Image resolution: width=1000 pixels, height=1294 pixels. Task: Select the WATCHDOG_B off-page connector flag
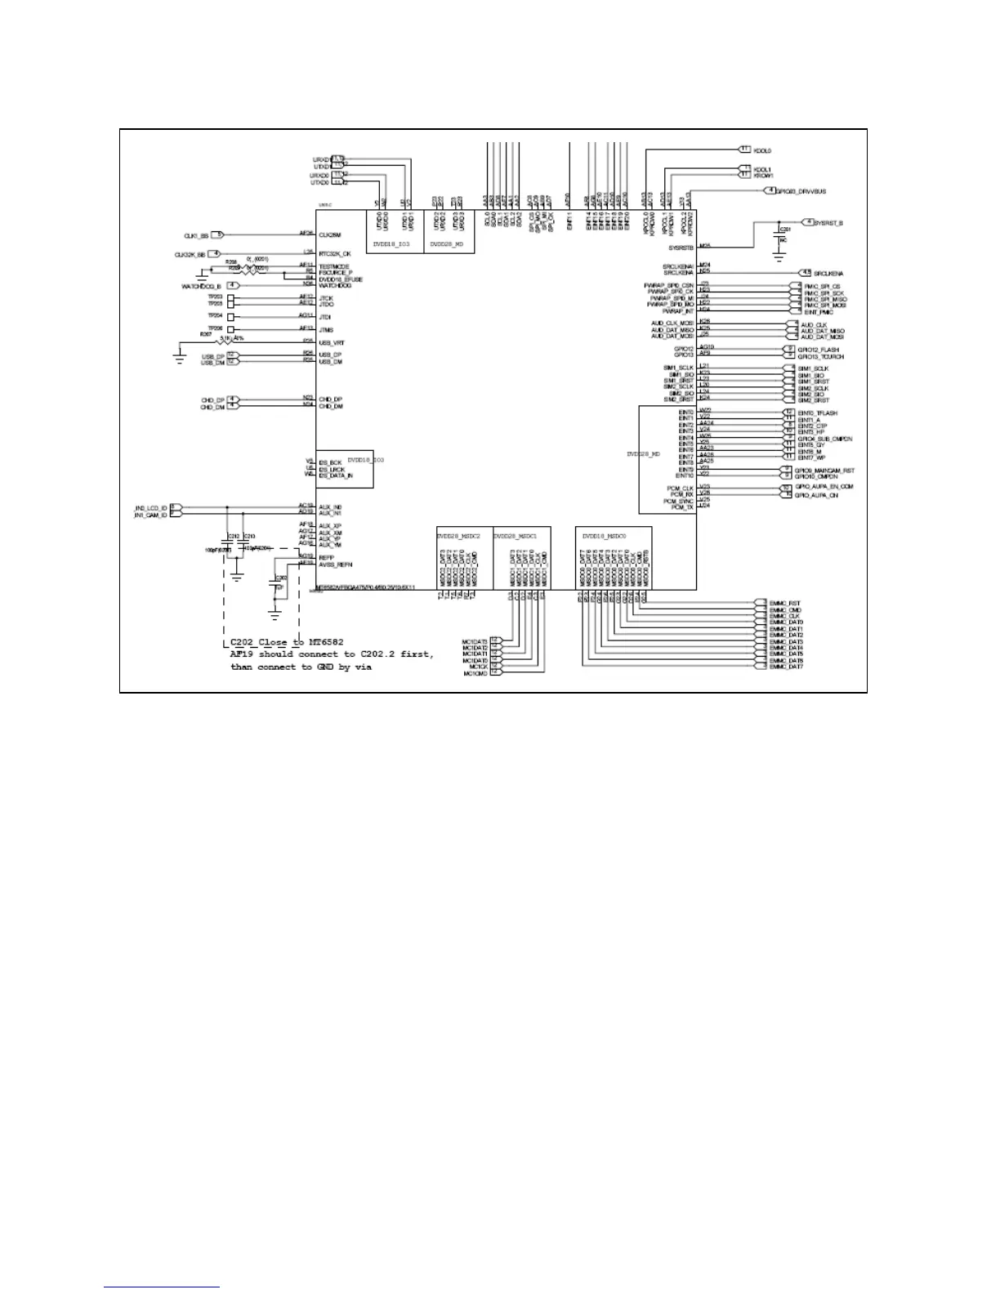(x=234, y=286)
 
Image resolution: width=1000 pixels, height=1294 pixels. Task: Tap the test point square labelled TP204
(x=231, y=316)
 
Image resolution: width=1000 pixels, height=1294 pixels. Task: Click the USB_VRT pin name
(x=331, y=343)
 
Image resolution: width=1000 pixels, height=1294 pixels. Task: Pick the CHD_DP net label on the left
(x=212, y=400)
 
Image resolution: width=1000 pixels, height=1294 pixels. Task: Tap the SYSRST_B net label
(x=828, y=223)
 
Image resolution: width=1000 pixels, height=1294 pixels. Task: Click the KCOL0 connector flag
(x=744, y=149)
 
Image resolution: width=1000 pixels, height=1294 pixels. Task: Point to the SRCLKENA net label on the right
(x=828, y=274)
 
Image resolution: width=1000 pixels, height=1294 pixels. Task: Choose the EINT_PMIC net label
(x=819, y=313)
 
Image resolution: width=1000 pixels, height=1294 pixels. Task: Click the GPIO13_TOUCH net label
(x=820, y=357)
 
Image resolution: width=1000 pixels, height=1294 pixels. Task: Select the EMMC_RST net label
(x=784, y=604)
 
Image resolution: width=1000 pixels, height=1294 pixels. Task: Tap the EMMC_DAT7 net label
(x=786, y=667)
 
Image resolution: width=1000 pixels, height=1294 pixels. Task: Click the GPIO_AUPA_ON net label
(x=818, y=496)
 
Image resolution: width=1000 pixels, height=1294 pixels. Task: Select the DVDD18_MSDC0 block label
(x=604, y=536)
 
